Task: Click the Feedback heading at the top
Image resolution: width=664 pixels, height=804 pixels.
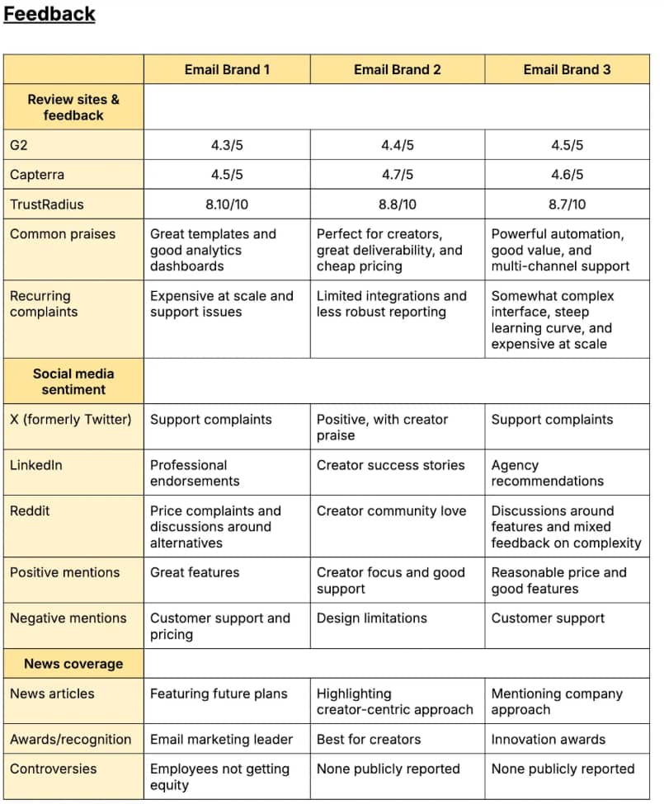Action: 49,14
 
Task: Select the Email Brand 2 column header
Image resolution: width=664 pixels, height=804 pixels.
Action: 397,69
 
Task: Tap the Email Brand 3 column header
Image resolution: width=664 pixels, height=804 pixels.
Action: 567,69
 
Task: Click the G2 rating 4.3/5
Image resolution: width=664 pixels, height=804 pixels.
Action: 227,145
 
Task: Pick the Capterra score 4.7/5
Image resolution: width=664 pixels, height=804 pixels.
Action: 397,175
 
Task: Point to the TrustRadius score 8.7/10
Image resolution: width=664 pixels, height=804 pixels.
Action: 567,205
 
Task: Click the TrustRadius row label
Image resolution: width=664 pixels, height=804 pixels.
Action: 47,205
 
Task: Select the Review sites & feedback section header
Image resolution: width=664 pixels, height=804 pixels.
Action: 73,107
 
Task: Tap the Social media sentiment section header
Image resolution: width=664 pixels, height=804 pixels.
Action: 73,381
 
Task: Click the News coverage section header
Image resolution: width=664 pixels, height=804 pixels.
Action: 73,664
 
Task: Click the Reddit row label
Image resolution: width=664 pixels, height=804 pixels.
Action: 30,510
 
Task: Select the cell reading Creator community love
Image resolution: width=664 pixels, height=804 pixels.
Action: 391,510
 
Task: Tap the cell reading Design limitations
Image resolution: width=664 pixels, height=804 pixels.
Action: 371,618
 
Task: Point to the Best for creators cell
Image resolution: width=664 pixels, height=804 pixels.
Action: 369,739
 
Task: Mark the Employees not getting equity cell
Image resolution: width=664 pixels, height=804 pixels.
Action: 219,777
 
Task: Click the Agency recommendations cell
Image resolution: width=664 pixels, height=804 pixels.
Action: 547,473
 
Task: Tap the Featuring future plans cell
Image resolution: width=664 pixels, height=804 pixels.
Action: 219,694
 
